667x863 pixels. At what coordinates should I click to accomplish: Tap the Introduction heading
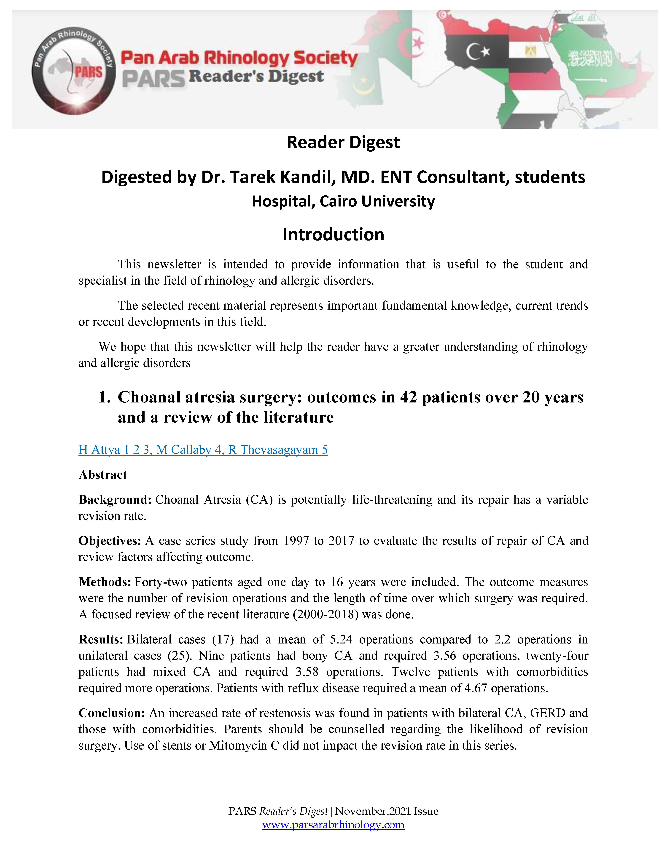(x=333, y=234)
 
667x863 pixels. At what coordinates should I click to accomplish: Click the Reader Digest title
(x=343, y=142)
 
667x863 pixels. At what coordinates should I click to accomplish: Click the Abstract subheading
(x=103, y=474)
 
